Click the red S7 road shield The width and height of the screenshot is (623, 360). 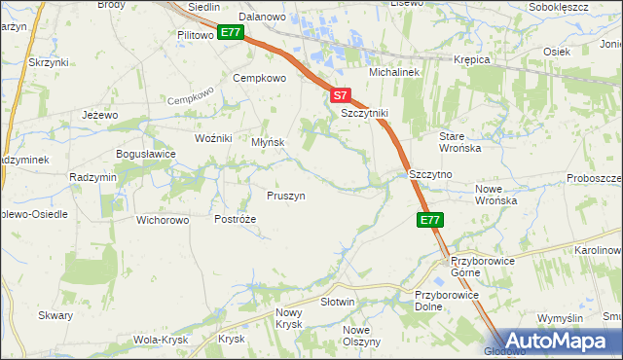[x=339, y=95]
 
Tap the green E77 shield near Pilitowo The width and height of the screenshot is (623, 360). [x=230, y=32]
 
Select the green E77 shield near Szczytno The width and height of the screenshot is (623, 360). [x=431, y=221]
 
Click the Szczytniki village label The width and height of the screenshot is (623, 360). [x=365, y=113]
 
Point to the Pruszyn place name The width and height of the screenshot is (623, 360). [x=286, y=196]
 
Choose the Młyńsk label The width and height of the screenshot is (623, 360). [x=268, y=142]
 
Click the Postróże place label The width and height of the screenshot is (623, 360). [x=235, y=219]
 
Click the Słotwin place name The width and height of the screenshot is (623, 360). [x=337, y=302]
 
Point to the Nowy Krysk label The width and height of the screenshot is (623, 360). [x=289, y=318]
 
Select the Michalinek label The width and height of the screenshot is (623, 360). [x=392, y=73]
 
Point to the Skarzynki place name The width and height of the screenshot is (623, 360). [x=47, y=61]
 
